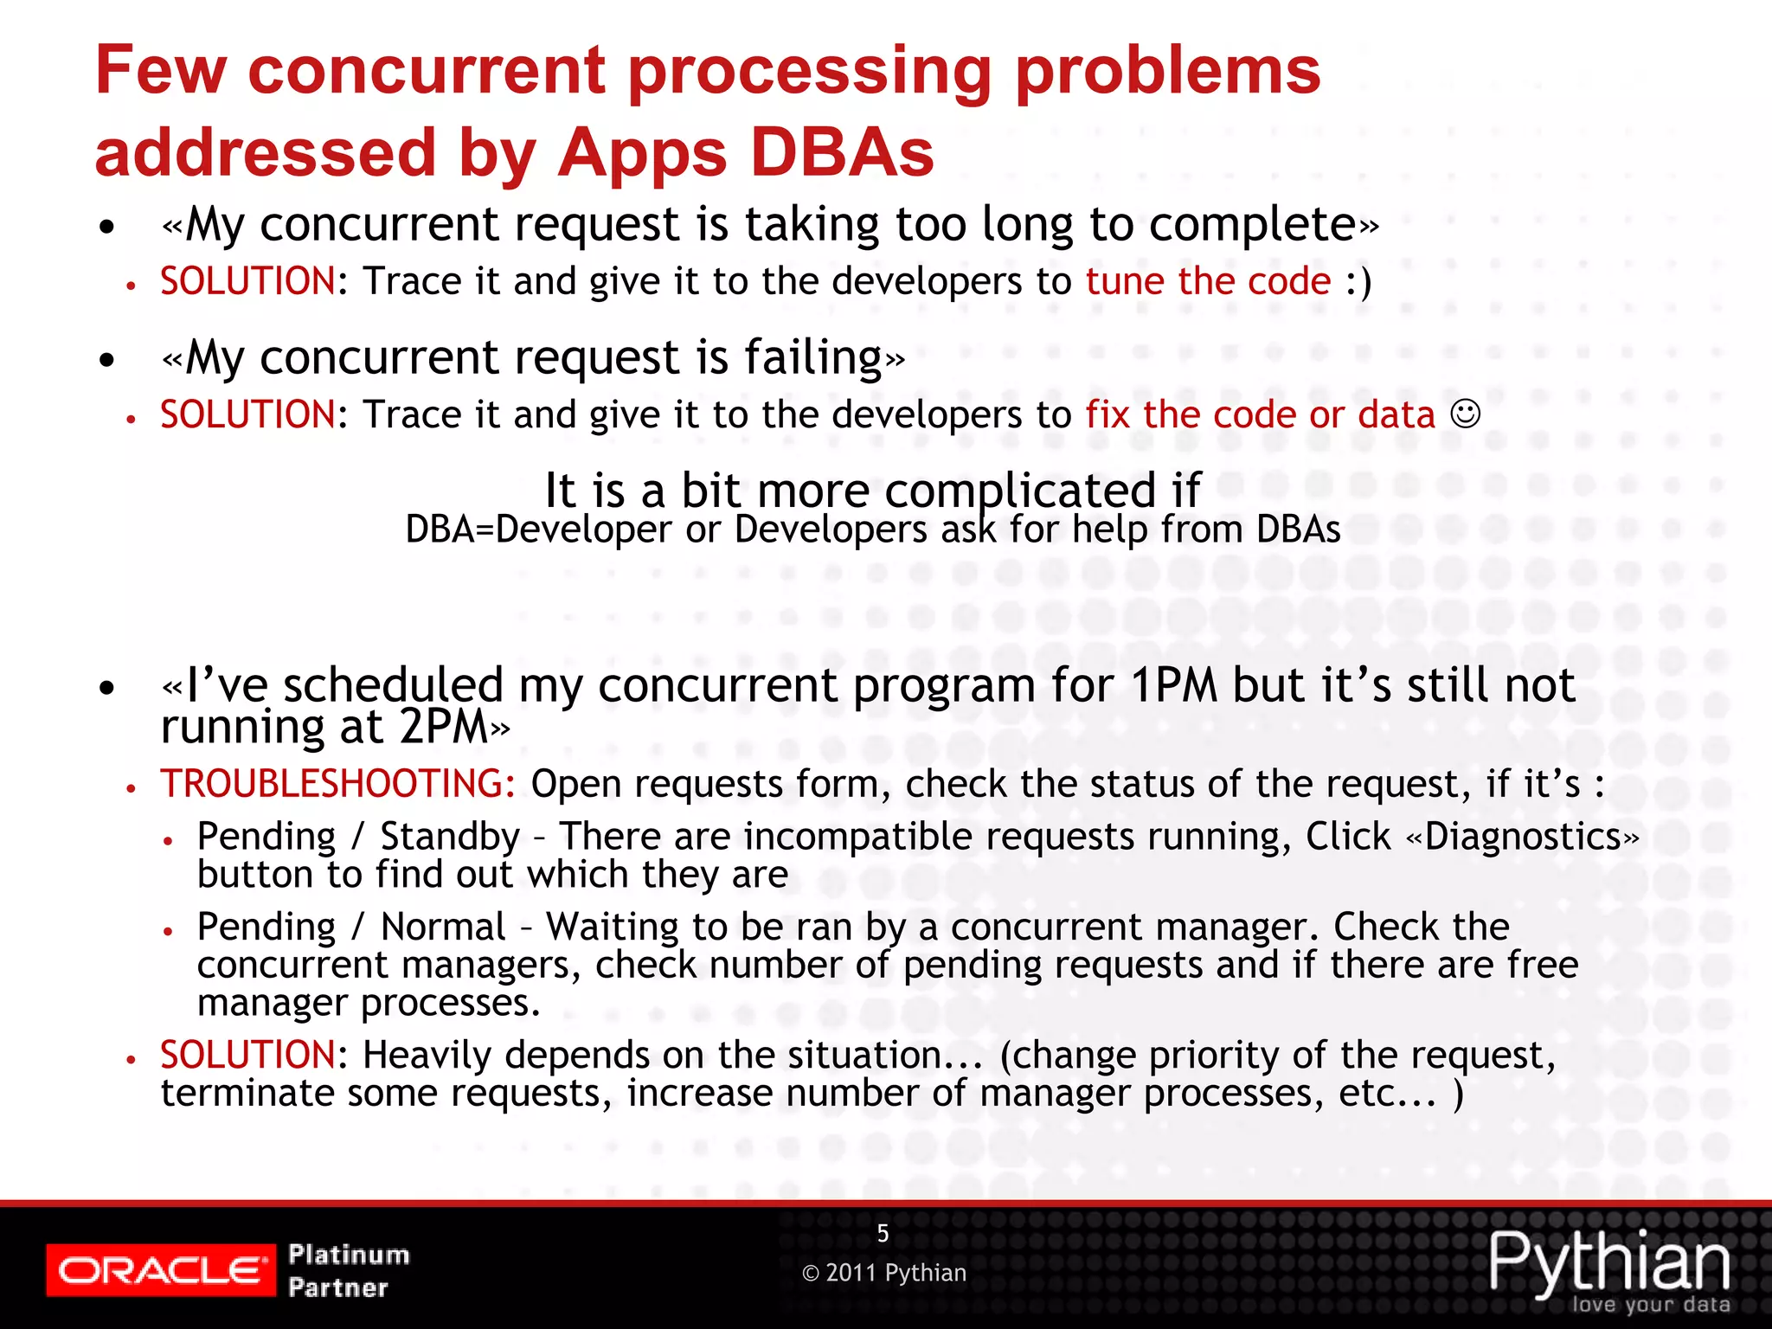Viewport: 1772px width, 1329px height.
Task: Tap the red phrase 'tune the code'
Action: [1208, 282]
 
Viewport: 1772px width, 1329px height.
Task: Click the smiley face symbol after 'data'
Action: [1465, 414]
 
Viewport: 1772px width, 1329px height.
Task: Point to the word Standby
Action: [450, 837]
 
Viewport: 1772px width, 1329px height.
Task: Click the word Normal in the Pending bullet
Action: [443, 927]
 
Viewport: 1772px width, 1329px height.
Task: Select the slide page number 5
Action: [883, 1233]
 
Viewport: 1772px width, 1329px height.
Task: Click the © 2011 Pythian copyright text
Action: [884, 1273]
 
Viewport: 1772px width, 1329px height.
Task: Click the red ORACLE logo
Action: [161, 1270]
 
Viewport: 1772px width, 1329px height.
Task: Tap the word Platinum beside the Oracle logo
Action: [349, 1254]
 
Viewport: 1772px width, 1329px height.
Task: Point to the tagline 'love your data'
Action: [1650, 1305]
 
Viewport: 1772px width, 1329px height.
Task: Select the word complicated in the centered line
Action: [1019, 491]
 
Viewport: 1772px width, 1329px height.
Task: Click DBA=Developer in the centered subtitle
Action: [537, 530]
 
